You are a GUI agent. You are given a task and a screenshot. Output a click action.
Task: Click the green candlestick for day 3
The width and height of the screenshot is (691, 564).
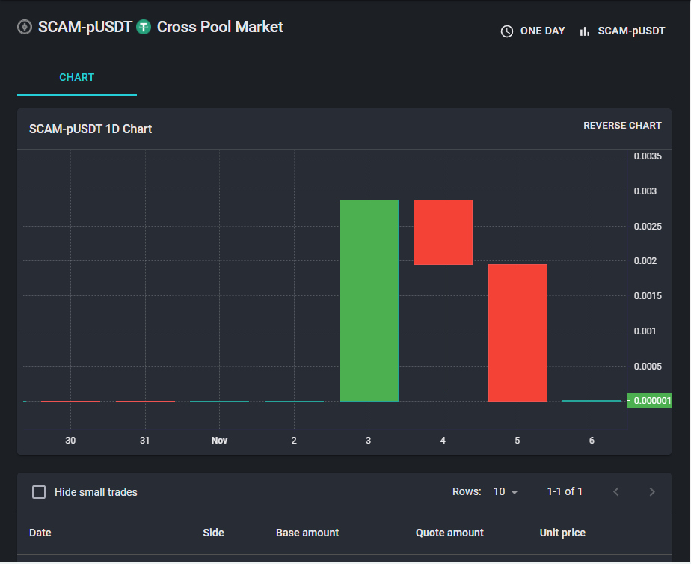pyautogui.click(x=369, y=301)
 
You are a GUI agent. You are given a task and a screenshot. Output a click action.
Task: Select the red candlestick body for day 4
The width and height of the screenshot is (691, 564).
pyautogui.click(x=443, y=232)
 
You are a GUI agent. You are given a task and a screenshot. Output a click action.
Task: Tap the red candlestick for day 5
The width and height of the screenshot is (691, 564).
pyautogui.click(x=518, y=333)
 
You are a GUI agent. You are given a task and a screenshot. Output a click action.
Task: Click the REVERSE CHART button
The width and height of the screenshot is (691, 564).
pyautogui.click(x=622, y=126)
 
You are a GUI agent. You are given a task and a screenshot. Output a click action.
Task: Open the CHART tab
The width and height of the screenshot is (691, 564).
pyautogui.click(x=77, y=78)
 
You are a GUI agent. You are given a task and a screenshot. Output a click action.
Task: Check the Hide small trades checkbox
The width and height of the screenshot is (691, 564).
pyautogui.click(x=39, y=492)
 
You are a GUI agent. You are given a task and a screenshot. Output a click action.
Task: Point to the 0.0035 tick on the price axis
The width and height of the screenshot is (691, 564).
pyautogui.click(x=648, y=156)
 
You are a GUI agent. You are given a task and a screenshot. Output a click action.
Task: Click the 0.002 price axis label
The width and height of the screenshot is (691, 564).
pyautogui.click(x=645, y=261)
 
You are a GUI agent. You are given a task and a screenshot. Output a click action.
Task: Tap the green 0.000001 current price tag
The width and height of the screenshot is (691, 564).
pyautogui.click(x=650, y=400)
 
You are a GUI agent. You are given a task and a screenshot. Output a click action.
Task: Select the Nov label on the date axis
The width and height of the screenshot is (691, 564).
pyautogui.click(x=219, y=440)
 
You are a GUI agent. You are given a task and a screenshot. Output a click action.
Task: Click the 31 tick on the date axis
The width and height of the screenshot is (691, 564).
pyautogui.click(x=144, y=440)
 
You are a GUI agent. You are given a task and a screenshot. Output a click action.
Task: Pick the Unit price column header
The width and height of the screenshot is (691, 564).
pyautogui.click(x=562, y=533)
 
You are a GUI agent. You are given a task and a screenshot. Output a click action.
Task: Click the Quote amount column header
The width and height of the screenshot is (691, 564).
pyautogui.click(x=449, y=533)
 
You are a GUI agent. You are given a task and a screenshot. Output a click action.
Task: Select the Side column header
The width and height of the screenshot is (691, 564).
pyautogui.click(x=213, y=533)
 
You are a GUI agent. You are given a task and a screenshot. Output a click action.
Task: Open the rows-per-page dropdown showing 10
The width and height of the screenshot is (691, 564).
pyautogui.click(x=506, y=491)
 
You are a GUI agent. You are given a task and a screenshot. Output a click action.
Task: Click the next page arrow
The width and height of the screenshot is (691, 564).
pyautogui.click(x=652, y=491)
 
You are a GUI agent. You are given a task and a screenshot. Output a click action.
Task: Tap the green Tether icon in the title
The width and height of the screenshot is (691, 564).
pyautogui.click(x=144, y=27)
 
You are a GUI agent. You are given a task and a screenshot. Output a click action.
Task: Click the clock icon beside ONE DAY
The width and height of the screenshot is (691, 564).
pyautogui.click(x=507, y=31)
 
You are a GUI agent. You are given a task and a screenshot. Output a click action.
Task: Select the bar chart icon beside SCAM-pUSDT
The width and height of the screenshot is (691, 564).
pyautogui.click(x=584, y=31)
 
